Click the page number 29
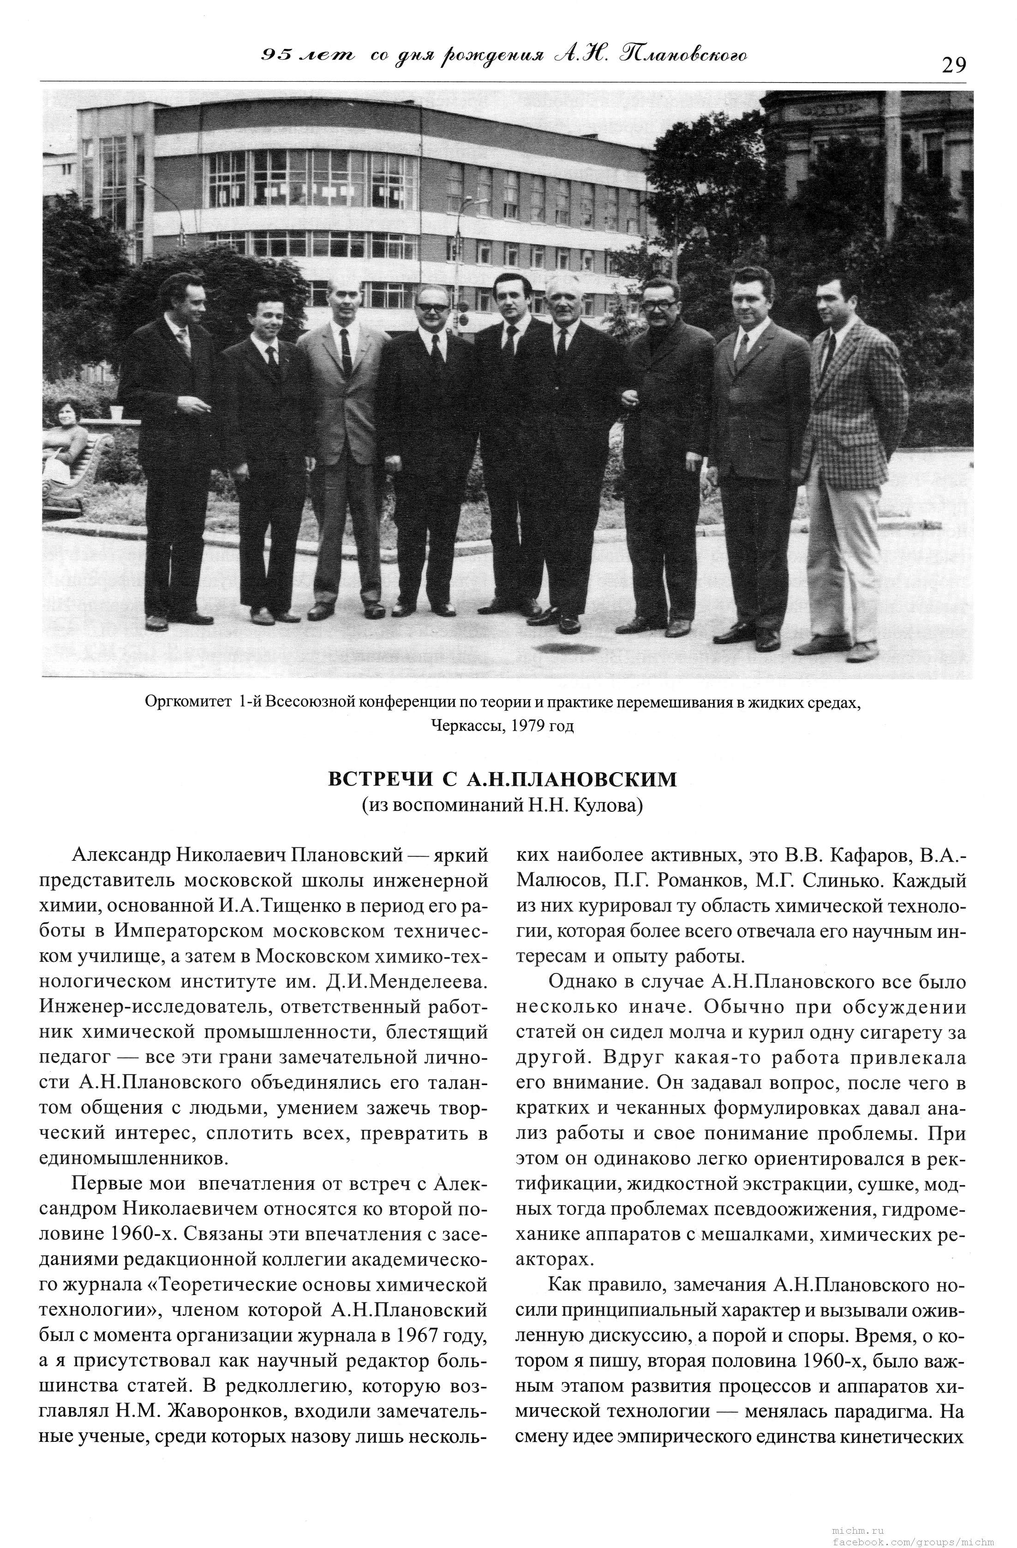(x=952, y=65)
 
